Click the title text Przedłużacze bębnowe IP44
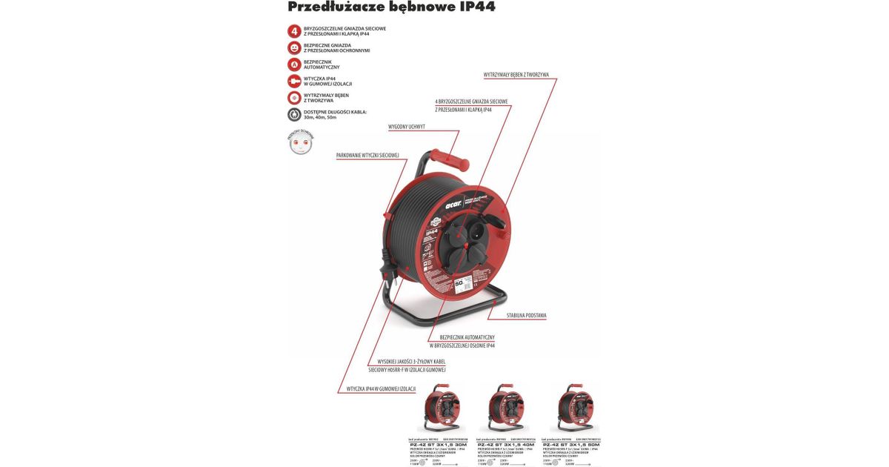click(391, 7)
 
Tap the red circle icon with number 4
click(294, 31)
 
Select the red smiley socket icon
click(294, 47)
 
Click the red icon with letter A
click(294, 64)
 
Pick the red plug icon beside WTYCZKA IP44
click(294, 82)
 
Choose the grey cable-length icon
click(294, 115)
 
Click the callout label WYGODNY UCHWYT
click(407, 127)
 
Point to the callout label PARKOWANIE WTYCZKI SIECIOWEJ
click(367, 156)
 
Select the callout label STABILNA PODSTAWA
click(527, 316)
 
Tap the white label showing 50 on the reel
click(459, 282)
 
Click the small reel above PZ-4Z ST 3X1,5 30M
click(442, 407)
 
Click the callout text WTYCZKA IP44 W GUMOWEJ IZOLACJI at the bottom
click(381, 389)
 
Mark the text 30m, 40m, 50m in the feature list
click(320, 117)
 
